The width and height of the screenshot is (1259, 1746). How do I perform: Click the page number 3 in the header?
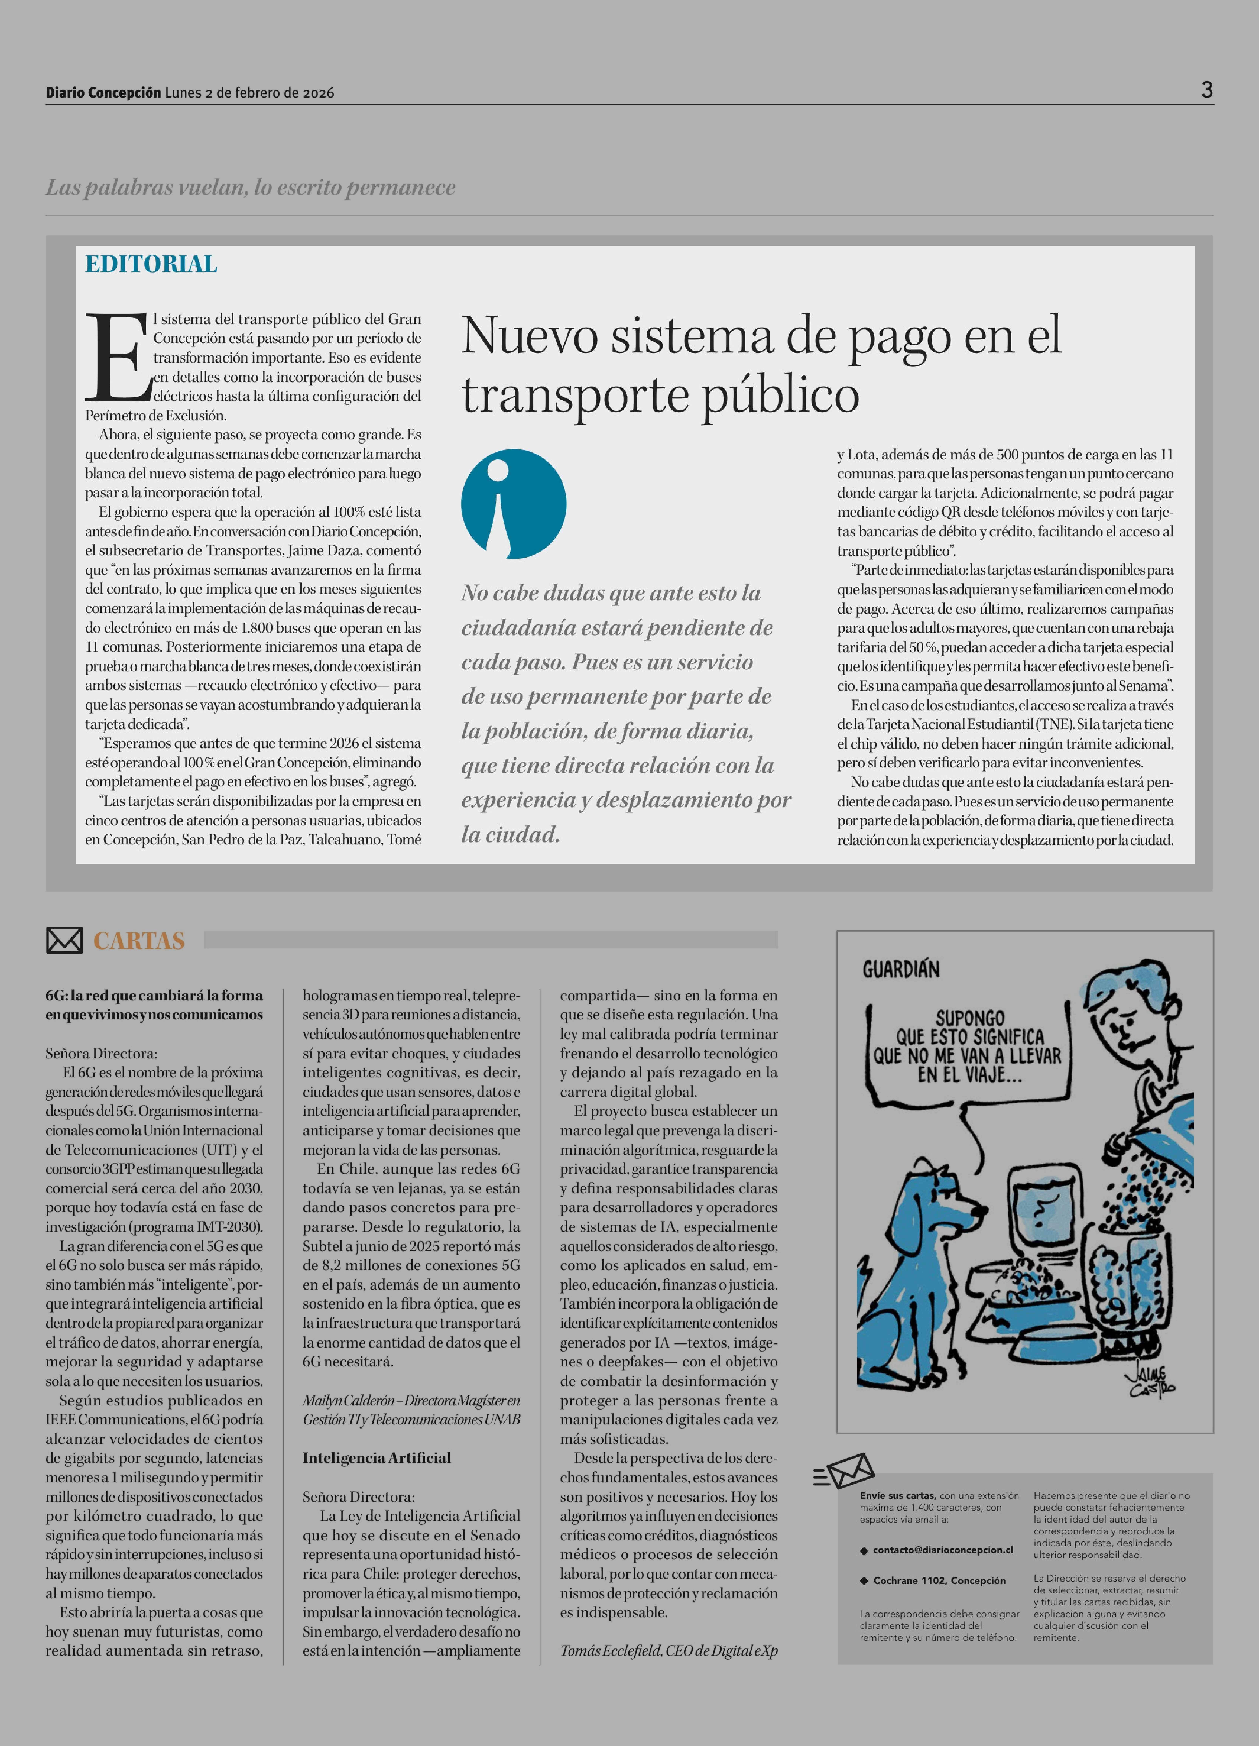click(1207, 90)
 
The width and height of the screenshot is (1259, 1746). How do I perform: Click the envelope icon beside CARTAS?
click(64, 940)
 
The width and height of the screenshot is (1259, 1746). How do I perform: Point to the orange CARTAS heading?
click(138, 941)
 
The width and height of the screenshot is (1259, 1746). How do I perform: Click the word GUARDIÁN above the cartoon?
click(900, 969)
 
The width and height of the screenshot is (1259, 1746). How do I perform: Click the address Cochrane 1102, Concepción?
click(939, 1580)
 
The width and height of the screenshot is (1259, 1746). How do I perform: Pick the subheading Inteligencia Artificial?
click(376, 1457)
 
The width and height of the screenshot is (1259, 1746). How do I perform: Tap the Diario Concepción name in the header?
click(103, 92)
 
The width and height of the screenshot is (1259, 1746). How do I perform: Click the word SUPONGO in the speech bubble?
click(970, 1018)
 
